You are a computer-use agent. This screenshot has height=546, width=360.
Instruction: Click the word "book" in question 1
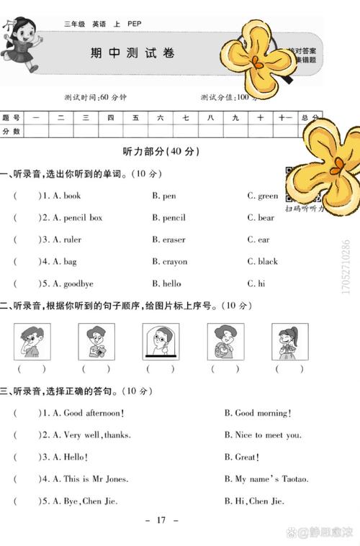(x=72, y=196)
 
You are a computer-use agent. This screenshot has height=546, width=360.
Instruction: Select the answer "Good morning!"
(x=258, y=413)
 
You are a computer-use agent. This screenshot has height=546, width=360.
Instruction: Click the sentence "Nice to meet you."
(x=263, y=434)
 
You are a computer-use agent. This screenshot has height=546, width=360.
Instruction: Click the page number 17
(x=161, y=519)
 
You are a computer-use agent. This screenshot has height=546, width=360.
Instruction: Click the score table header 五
(x=135, y=117)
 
